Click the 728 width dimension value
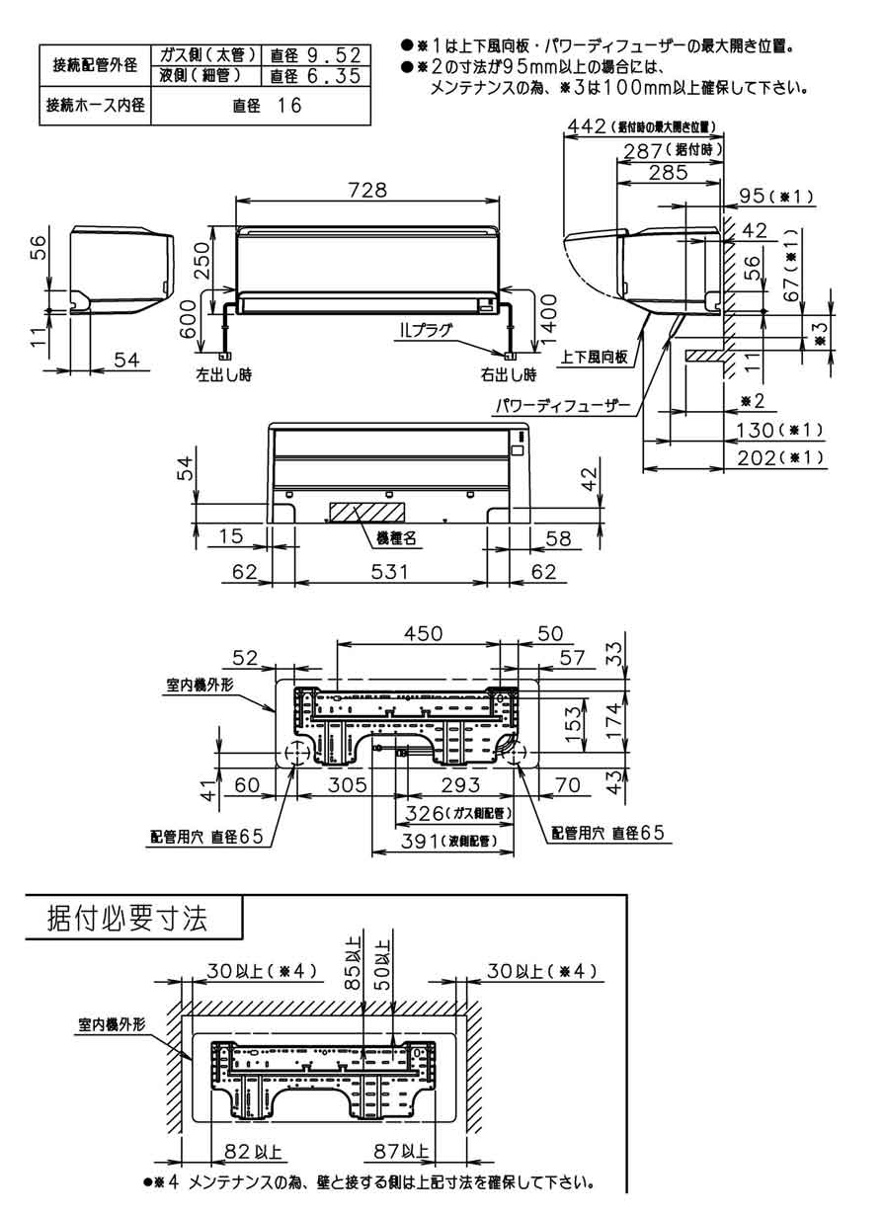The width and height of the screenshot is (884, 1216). click(366, 189)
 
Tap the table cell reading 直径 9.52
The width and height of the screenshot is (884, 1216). click(318, 55)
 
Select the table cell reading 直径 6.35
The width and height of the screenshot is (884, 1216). click(318, 76)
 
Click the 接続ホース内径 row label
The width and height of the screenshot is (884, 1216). click(92, 105)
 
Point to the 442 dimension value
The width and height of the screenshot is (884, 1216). click(587, 126)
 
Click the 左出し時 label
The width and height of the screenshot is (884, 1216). click(223, 375)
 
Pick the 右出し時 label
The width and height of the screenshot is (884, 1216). click(509, 375)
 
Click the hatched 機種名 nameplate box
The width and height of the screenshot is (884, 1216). click(366, 511)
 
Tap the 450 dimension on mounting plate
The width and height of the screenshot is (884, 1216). click(420, 633)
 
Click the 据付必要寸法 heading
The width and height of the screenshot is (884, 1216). click(127, 919)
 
